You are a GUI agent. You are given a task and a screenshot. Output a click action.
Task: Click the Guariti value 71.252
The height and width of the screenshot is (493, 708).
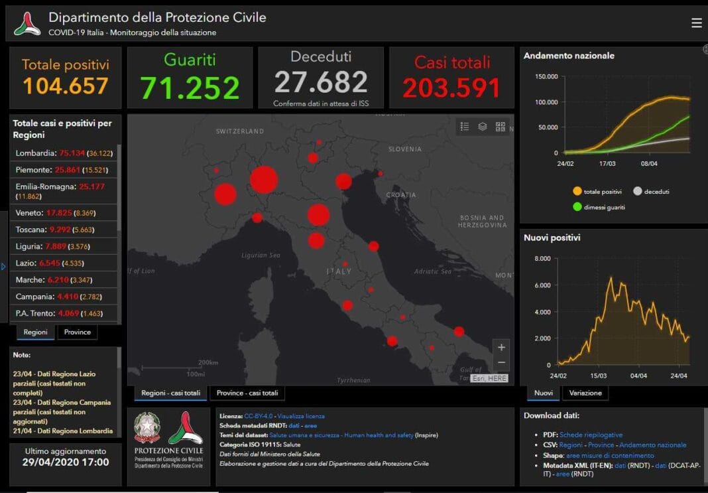pyautogui.click(x=190, y=88)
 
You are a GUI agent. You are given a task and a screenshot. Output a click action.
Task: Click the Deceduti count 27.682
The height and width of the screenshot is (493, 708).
pyautogui.click(x=320, y=82)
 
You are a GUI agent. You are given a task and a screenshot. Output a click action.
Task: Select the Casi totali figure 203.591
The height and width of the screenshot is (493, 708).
pyautogui.click(x=451, y=88)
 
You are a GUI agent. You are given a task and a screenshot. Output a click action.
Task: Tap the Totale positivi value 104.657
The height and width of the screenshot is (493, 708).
pyautogui.click(x=66, y=86)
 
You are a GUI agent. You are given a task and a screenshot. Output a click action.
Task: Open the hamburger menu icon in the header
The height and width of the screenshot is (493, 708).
pyautogui.click(x=696, y=23)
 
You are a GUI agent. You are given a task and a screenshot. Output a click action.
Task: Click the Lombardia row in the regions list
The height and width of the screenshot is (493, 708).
pyautogui.click(x=64, y=153)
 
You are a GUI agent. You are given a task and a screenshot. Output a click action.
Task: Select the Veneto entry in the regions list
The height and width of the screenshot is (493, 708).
pyautogui.click(x=64, y=212)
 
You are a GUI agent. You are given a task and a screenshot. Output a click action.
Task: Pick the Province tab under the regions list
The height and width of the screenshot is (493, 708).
pyautogui.click(x=77, y=332)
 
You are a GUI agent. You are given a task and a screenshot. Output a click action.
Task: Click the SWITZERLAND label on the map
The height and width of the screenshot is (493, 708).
pyautogui.click(x=240, y=131)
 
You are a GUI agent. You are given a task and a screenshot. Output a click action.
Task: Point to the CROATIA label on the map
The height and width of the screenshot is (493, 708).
pyautogui.click(x=401, y=195)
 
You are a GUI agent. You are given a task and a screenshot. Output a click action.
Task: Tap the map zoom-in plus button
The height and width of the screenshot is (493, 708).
pyautogui.click(x=501, y=347)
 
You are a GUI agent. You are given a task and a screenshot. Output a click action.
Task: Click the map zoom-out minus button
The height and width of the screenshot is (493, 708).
pyautogui.click(x=501, y=362)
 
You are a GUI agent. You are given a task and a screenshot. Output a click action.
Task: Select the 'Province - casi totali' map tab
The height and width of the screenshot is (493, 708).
pyautogui.click(x=247, y=393)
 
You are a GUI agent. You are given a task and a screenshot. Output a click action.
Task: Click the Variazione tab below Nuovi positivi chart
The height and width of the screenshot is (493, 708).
pyautogui.click(x=585, y=393)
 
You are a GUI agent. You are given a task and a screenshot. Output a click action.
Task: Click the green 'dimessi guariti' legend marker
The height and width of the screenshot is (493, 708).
pyautogui.click(x=577, y=207)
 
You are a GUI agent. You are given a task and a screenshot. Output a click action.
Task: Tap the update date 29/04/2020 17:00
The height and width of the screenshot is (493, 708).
pyautogui.click(x=65, y=462)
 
